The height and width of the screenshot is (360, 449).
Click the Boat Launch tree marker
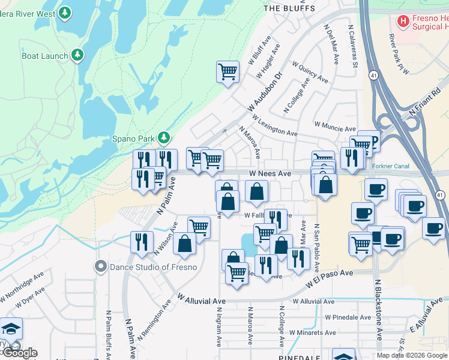click(77, 56)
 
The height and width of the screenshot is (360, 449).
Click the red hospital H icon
click(403, 22)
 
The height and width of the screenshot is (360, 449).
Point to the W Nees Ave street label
click(270, 173)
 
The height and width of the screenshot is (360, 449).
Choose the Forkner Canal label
click(390, 166)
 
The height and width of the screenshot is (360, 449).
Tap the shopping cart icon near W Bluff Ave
click(228, 71)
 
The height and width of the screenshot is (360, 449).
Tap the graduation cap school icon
click(11, 329)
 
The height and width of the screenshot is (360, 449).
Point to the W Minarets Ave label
click(312, 332)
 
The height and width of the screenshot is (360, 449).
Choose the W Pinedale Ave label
click(348, 317)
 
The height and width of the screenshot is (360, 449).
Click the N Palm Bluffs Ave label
click(109, 334)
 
